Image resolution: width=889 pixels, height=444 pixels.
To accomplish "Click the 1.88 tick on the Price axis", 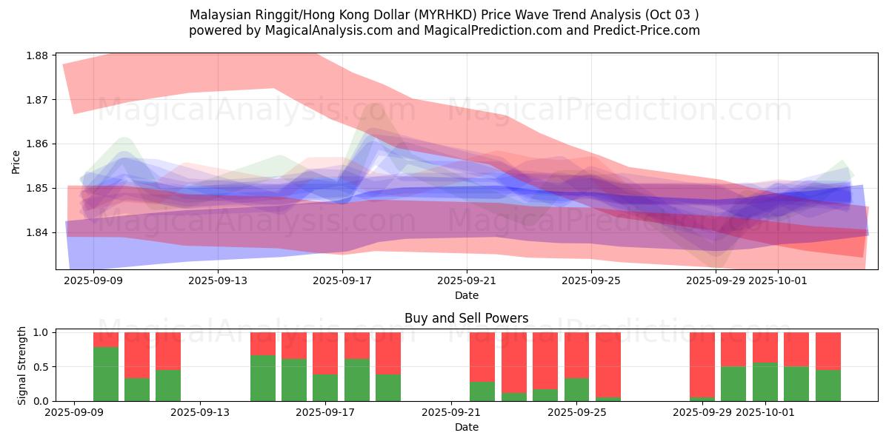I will [36, 55].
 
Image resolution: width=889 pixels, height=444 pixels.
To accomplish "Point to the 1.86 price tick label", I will [36, 144].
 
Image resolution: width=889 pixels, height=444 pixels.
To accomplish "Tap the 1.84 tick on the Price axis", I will [36, 232].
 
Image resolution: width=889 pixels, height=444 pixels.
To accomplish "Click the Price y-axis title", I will [16, 161].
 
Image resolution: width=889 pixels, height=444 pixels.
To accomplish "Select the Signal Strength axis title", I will [22, 366].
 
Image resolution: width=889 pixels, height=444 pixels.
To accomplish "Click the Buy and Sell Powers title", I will [466, 319].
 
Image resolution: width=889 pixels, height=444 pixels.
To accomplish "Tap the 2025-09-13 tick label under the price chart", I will [218, 281].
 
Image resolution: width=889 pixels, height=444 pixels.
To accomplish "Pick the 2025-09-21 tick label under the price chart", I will [467, 281].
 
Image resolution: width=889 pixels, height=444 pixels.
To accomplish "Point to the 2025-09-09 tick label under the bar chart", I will [76, 413].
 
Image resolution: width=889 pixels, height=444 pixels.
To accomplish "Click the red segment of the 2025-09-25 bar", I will [576, 355].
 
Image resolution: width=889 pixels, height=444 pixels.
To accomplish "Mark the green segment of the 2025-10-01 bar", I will [765, 382].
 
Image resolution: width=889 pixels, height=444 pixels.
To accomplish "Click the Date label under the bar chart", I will [466, 427].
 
